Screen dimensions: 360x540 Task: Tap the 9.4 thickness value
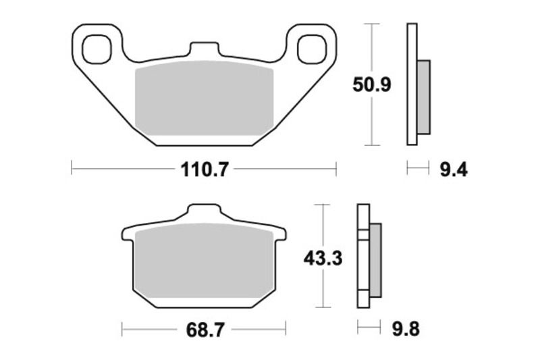click(x=453, y=170)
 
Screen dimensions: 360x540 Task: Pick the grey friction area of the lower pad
click(x=203, y=263)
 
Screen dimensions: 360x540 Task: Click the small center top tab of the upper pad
click(x=203, y=51)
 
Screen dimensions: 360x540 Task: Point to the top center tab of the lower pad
click(x=203, y=213)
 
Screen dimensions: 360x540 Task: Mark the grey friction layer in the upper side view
click(x=423, y=96)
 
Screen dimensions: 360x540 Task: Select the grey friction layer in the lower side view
click(x=375, y=259)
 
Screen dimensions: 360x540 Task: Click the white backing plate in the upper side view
click(x=411, y=84)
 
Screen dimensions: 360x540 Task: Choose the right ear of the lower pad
click(x=280, y=236)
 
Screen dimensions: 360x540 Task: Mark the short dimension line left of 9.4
click(x=418, y=169)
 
